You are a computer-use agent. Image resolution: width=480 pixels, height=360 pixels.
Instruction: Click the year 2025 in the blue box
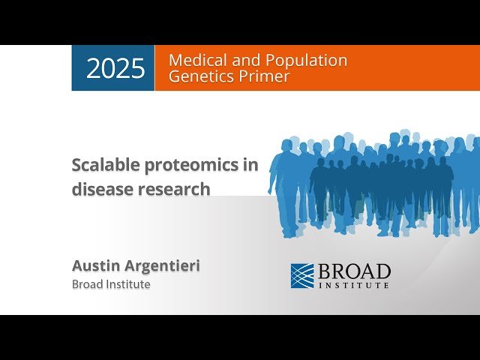tap(115, 68)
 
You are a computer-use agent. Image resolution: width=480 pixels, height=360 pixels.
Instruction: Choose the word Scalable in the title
tap(103, 165)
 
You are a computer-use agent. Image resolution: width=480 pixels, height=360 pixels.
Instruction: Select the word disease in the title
tap(101, 189)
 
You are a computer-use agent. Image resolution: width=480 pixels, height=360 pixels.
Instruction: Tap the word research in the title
tap(173, 189)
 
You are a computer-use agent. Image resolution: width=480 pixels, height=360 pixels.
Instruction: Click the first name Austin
tap(96, 265)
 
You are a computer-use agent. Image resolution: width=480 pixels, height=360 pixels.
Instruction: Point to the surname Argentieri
tap(163, 266)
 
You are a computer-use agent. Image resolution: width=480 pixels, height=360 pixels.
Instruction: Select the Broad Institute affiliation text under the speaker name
tap(111, 284)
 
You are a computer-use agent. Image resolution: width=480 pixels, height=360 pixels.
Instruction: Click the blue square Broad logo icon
tap(302, 275)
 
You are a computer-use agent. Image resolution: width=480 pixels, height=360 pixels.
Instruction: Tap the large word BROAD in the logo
tap(354, 271)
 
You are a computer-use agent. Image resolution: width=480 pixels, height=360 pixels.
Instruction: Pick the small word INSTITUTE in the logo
tap(354, 286)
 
